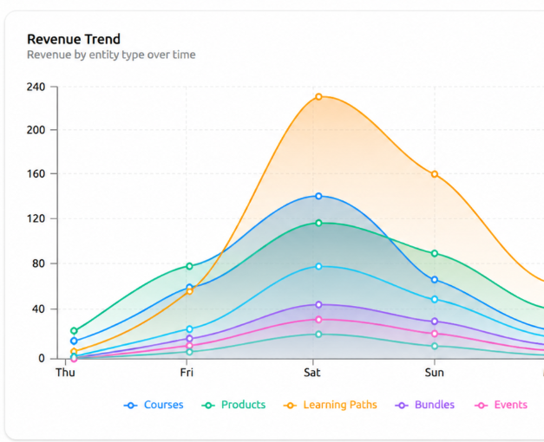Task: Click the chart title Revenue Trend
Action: (x=74, y=39)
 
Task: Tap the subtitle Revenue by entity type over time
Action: (x=111, y=55)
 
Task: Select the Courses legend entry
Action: (x=154, y=405)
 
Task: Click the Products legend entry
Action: (x=233, y=405)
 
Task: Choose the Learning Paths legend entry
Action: (x=331, y=405)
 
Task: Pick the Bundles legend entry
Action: (x=424, y=405)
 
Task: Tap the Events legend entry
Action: (x=501, y=405)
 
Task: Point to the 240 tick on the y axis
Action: (x=36, y=87)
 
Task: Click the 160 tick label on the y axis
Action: (x=36, y=173)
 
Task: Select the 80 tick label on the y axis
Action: (x=38, y=263)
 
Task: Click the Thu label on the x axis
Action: (x=65, y=373)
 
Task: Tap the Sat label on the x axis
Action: (x=312, y=373)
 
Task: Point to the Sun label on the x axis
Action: (x=435, y=373)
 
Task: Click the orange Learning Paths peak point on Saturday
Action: (x=318, y=97)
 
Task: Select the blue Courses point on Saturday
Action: (x=318, y=196)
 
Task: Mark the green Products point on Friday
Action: (x=189, y=266)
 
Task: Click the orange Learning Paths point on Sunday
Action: (x=435, y=174)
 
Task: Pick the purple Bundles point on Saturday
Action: (x=318, y=305)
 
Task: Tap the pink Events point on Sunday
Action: (x=435, y=334)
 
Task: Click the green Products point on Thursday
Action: (x=74, y=331)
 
